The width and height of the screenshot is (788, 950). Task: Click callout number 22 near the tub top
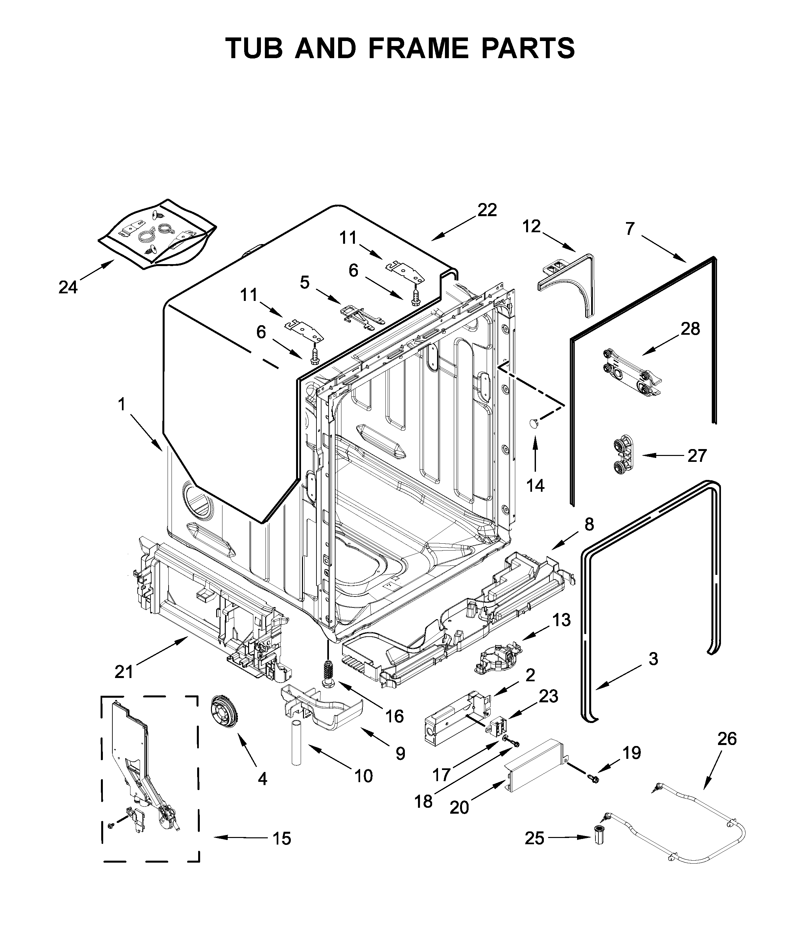(x=487, y=210)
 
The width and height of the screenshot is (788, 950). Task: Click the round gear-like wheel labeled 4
(x=225, y=711)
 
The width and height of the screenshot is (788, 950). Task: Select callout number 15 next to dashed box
(x=282, y=838)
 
